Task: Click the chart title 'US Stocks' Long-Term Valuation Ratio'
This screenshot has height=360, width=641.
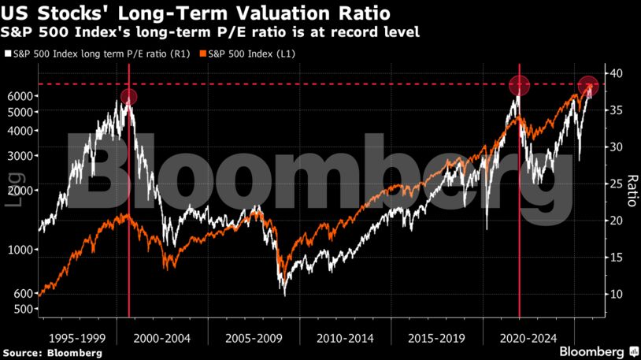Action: [x=196, y=13]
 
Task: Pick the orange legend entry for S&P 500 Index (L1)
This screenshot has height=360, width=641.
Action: [x=249, y=54]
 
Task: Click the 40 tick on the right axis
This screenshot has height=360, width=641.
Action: [x=614, y=73]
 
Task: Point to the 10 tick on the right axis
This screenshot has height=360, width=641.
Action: [x=614, y=294]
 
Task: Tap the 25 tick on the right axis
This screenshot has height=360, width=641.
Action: [x=614, y=184]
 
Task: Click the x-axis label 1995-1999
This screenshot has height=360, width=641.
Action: [x=76, y=338]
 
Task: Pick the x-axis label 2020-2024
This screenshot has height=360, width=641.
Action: [x=527, y=338]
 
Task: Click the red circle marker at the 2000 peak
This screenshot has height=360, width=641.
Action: [x=129, y=97]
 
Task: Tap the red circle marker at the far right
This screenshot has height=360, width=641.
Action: [x=588, y=86]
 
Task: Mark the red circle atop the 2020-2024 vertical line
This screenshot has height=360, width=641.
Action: [x=519, y=85]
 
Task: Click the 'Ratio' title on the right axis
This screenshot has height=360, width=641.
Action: [x=629, y=190]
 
